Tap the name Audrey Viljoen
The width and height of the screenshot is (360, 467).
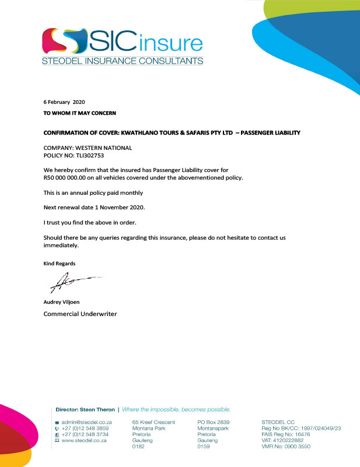[62, 302]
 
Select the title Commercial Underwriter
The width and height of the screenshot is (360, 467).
[81, 314]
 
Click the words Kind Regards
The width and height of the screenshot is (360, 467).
[60, 264]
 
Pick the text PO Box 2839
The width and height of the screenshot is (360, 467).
[214, 421]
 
